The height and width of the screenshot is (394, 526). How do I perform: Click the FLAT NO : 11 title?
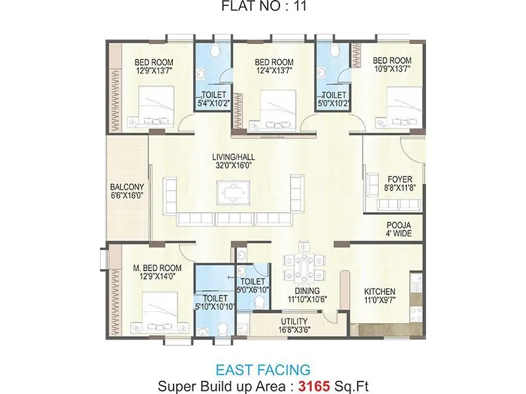pos(263,8)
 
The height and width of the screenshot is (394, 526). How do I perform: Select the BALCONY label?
pos(127,186)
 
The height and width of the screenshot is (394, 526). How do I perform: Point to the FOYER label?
pos(400,179)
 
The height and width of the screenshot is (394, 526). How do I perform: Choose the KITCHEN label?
pos(380,292)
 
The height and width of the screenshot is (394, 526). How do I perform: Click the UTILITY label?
pos(286,322)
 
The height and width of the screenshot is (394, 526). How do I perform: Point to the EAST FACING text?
pos(263,370)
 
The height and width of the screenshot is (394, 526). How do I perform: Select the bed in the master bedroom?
pos(156,312)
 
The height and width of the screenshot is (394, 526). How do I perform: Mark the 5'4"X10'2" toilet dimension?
pos(214,103)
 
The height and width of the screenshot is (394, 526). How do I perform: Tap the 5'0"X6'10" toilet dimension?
pos(252,288)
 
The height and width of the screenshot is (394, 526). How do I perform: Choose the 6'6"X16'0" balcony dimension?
pos(127,195)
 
